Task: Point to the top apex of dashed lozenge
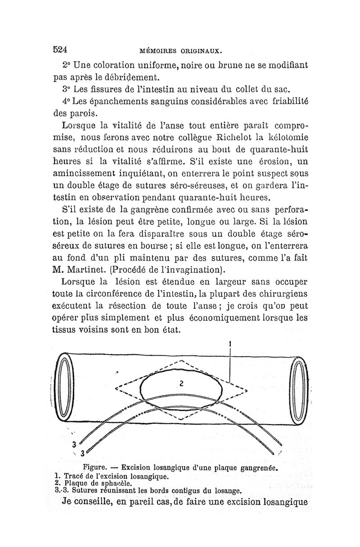click(181, 361)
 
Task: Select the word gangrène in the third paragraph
click(146, 221)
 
